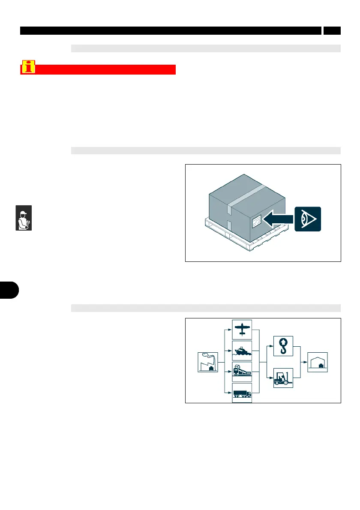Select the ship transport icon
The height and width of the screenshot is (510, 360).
(242, 350)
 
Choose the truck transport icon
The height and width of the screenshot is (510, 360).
(242, 393)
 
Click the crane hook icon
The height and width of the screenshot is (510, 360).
(283, 346)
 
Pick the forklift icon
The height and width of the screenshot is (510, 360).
(283, 378)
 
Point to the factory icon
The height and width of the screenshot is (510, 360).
(208, 362)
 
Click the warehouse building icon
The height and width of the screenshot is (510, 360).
(318, 362)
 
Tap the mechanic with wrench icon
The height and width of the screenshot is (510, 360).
(24, 218)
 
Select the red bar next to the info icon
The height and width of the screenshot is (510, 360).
(106, 70)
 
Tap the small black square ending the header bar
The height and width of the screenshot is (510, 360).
(332, 30)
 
